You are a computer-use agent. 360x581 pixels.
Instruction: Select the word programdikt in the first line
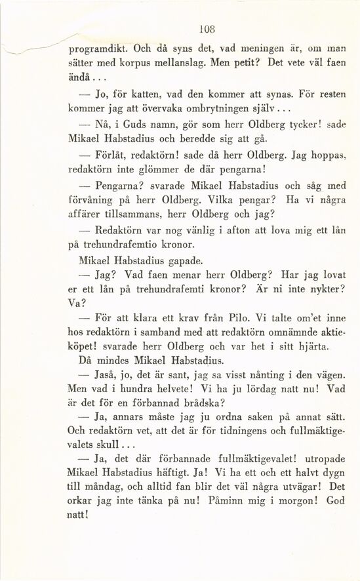(x=98, y=49)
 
